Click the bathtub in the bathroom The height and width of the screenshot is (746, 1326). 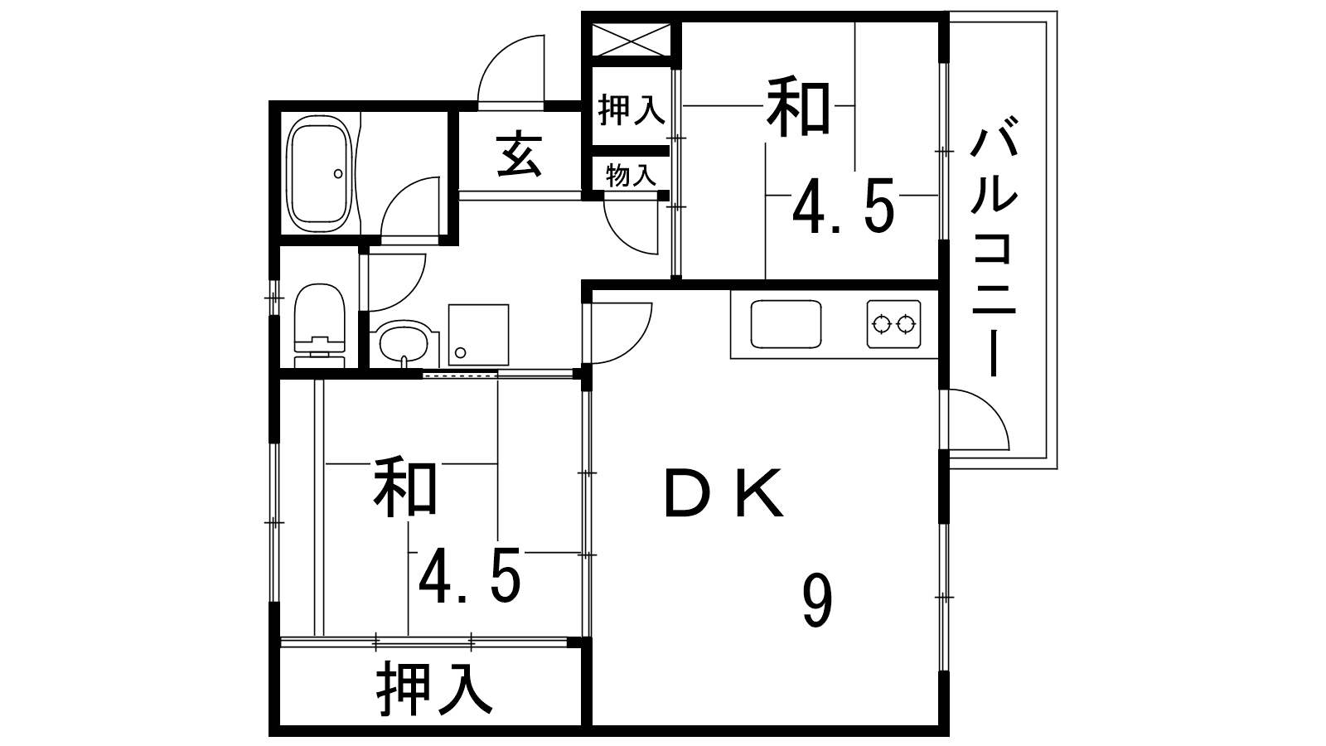[318, 174]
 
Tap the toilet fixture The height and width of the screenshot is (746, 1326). [320, 327]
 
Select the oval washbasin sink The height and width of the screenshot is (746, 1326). [404, 343]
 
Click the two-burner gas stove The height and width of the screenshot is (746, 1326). [894, 324]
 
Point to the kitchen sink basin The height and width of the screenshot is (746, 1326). [786, 324]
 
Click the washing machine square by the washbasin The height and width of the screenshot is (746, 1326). [478, 335]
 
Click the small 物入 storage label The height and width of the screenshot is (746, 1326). [631, 175]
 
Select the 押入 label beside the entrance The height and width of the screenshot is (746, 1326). [632, 109]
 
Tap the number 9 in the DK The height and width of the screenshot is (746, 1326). [817, 602]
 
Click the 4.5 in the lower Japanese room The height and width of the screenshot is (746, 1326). [470, 575]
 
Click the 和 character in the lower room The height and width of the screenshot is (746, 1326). [405, 487]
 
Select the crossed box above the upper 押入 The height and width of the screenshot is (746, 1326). [631, 40]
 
